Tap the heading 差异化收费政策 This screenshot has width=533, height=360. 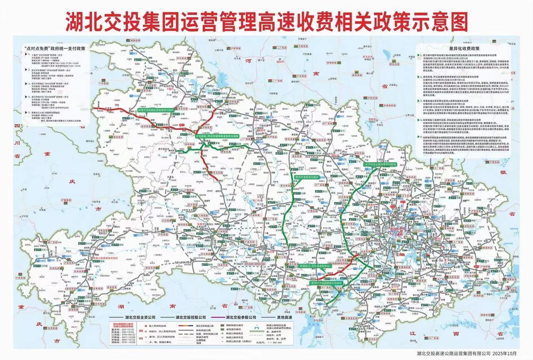[x=459, y=48]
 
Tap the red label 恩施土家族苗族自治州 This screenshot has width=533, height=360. [x=108, y=258]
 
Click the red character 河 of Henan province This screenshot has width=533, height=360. [x=249, y=61]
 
